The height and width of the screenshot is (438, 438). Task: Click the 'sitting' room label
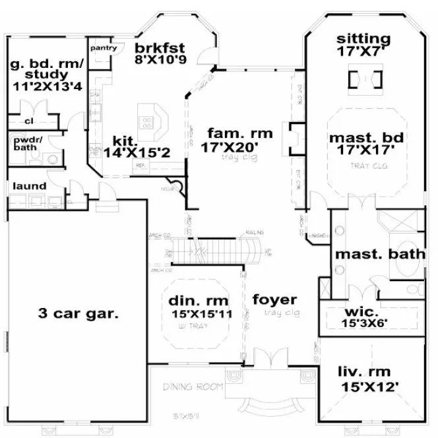[x=363, y=38]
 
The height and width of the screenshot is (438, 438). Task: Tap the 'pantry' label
[x=104, y=47]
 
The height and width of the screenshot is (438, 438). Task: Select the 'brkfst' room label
[x=159, y=47]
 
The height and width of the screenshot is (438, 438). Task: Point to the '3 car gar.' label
[x=77, y=313]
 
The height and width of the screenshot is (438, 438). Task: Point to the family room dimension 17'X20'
[x=230, y=146]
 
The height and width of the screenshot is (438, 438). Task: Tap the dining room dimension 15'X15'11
[x=200, y=314]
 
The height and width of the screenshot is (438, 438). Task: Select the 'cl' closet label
[x=29, y=121]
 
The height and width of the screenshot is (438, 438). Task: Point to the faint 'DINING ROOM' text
[x=193, y=386]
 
